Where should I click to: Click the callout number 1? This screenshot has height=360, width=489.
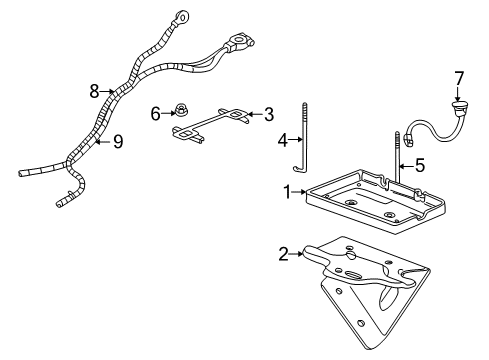tap(287, 190)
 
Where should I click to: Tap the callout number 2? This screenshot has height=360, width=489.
tap(284, 254)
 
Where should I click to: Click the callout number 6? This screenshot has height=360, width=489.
tap(155, 114)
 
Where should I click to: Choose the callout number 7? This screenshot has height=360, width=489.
tap(459, 77)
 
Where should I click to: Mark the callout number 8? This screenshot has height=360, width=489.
tap(93, 91)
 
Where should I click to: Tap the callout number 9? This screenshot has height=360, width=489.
tap(117, 142)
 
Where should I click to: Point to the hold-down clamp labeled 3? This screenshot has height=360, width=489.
tap(211, 123)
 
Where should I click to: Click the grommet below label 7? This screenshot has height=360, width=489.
tap(459, 103)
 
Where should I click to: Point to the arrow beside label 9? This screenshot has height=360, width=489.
tap(100, 142)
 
